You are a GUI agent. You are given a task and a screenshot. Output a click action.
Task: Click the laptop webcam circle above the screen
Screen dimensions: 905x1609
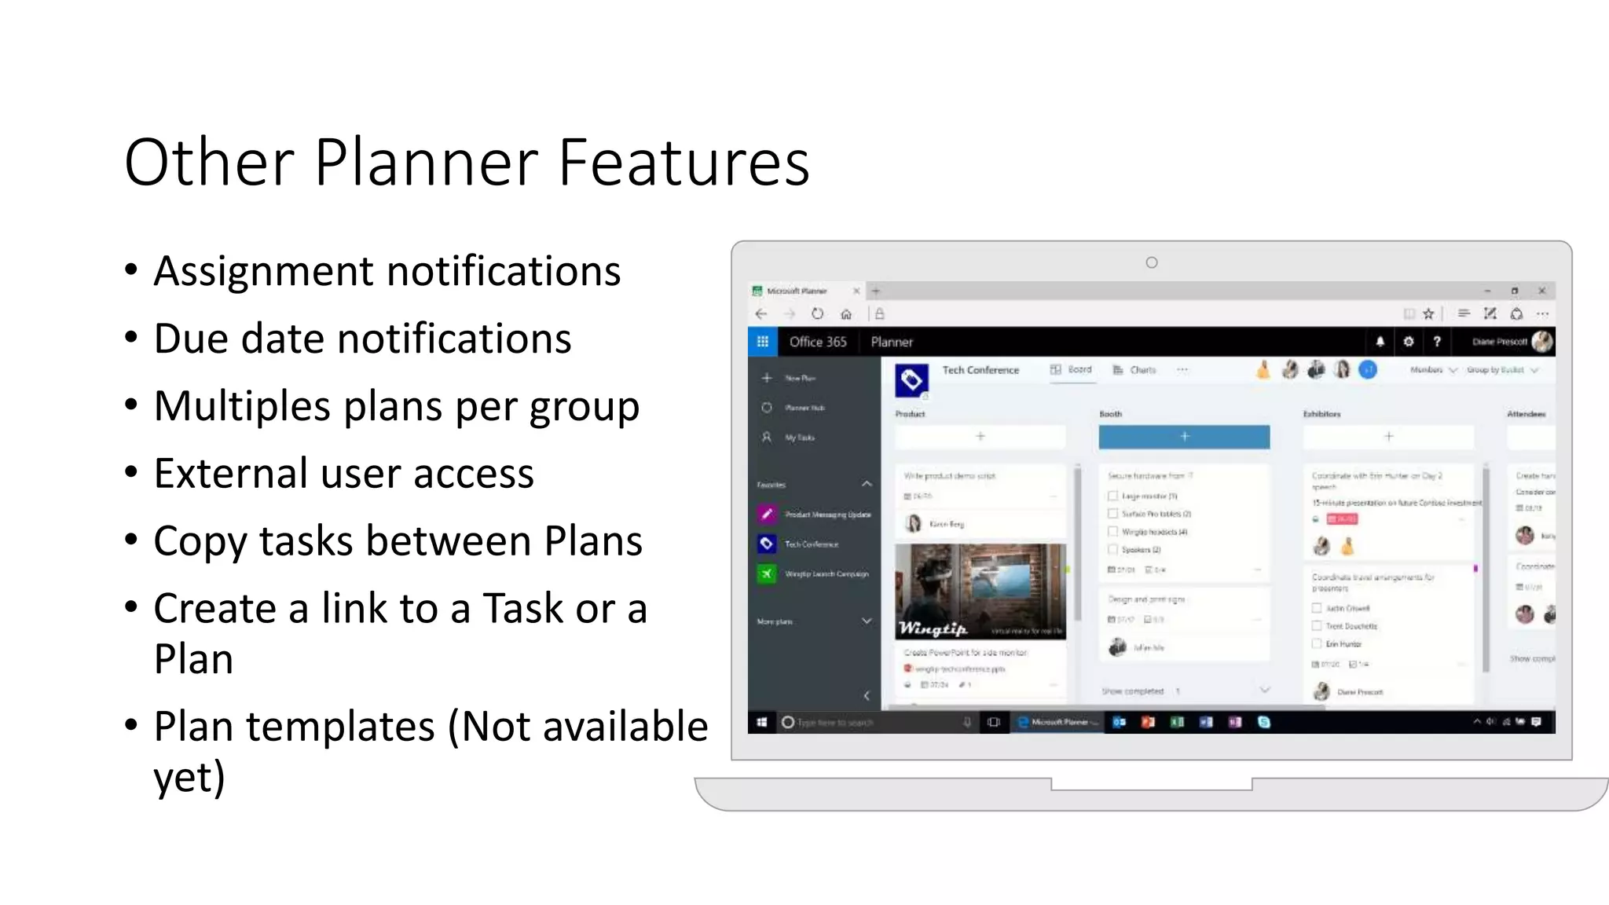(1152, 262)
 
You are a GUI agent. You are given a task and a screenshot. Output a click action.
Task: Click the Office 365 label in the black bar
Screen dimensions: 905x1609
(818, 342)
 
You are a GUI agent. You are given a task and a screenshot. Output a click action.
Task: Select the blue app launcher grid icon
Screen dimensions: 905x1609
(762, 342)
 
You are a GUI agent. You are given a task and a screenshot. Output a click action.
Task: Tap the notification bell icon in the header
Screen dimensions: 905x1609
(1380, 342)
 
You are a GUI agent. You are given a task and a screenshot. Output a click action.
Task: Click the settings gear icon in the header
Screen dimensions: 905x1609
(1409, 342)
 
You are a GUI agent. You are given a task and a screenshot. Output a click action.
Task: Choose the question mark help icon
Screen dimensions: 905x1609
(1437, 342)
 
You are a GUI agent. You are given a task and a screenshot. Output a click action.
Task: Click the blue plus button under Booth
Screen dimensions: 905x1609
(1184, 437)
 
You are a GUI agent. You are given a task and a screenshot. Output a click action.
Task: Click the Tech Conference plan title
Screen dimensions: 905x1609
(980, 370)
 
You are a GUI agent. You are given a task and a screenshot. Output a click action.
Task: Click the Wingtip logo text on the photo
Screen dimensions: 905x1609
(933, 628)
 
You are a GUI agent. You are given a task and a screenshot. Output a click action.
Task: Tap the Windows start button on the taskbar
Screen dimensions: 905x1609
(761, 722)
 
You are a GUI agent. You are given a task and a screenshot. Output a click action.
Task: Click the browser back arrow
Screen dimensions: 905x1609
(761, 314)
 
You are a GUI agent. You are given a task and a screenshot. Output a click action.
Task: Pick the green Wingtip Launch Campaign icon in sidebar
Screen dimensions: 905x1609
(767, 573)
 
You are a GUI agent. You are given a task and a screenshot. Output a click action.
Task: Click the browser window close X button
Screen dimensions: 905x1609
(1541, 291)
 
